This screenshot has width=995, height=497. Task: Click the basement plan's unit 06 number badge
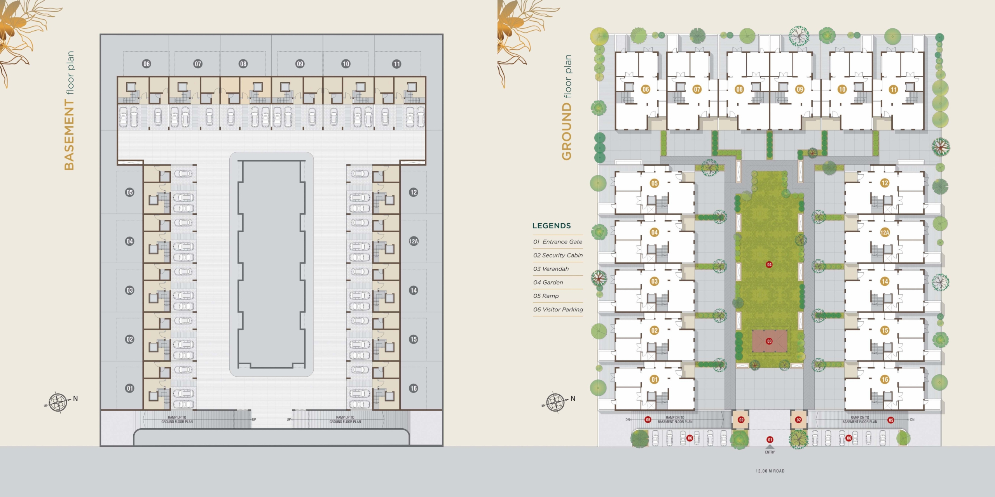pos(147,64)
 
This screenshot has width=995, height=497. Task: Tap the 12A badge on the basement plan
pos(414,241)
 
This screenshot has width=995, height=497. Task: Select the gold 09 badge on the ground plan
pos(799,89)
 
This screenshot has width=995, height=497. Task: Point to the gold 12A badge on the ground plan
pos(885,232)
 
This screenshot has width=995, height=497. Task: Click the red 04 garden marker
pos(769,264)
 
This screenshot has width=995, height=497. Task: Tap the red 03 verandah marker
pos(769,341)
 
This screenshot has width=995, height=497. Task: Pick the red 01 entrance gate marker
pos(770,440)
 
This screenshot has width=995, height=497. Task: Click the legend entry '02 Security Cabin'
pos(558,255)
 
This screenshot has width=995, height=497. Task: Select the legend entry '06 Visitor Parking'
pos(558,309)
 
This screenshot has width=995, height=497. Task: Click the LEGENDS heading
pos(552,226)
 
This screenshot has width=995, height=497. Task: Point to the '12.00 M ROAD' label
pos(770,471)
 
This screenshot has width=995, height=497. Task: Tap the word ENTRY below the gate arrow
pos(770,452)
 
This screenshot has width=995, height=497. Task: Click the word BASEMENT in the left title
pos(69,135)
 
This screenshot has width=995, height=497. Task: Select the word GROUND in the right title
pos(566,132)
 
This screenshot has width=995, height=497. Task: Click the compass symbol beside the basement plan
pos(58,402)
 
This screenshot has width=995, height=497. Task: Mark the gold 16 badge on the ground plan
pos(885,379)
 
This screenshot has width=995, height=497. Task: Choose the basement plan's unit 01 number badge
pos(130,388)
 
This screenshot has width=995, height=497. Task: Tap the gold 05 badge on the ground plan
pos(655,183)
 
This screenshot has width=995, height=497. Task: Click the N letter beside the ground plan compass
pos(573,398)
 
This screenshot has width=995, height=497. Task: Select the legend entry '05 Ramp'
pos(546,296)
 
